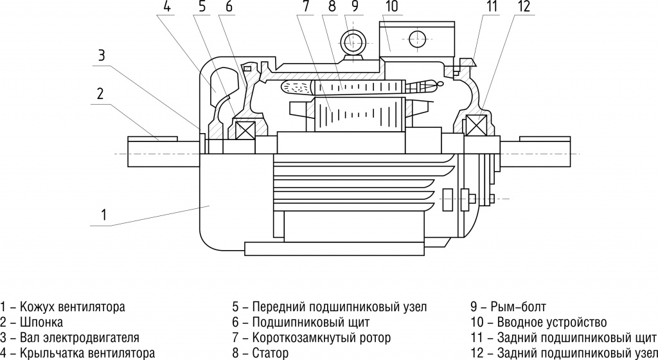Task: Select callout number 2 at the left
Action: coord(100,94)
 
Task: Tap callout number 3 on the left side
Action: coord(101,55)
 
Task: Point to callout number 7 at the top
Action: coord(307,8)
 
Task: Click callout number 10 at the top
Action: coord(391,8)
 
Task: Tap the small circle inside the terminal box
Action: coord(415,37)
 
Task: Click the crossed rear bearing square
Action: coord(476,124)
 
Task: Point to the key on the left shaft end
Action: coord(153,139)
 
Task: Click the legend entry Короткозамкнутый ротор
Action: coord(321,337)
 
